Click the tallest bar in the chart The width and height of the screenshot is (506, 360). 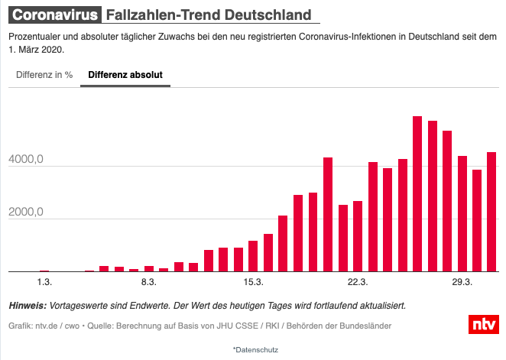click(x=417, y=194)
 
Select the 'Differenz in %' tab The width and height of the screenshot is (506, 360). click(x=44, y=75)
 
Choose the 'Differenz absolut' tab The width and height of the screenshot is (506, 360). click(x=125, y=75)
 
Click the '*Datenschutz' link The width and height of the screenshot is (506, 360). click(x=255, y=349)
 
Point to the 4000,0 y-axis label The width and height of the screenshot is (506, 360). click(x=26, y=160)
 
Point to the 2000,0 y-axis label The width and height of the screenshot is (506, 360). click(x=26, y=212)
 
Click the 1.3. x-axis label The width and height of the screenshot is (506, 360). click(x=44, y=282)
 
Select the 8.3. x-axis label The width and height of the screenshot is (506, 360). click(x=149, y=282)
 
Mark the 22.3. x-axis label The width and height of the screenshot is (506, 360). click(x=357, y=282)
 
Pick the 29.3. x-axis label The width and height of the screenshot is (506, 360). click(x=462, y=282)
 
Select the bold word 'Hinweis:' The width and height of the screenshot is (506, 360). click(x=28, y=306)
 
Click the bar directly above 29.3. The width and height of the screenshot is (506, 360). click(x=462, y=214)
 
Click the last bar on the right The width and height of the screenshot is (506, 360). click(x=491, y=212)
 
